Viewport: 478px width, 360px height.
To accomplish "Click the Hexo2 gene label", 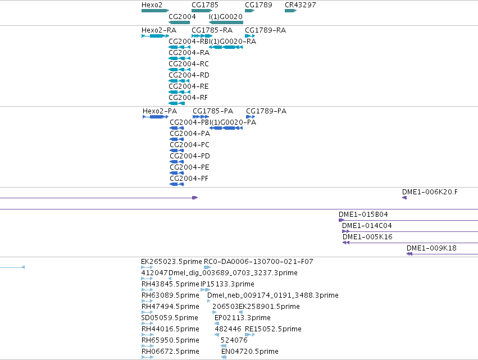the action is click(152, 5).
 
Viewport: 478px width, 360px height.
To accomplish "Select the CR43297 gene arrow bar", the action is click(290, 11).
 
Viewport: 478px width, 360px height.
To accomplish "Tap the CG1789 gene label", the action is click(258, 5).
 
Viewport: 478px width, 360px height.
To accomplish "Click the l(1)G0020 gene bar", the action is click(226, 22).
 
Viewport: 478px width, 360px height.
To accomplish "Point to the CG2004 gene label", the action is click(182, 16).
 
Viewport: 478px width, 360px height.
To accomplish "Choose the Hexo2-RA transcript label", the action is click(159, 30).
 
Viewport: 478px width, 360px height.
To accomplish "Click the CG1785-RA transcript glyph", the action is click(202, 36).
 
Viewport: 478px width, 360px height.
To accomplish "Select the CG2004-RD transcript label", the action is click(189, 75).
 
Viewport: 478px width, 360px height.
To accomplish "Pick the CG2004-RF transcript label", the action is click(188, 98).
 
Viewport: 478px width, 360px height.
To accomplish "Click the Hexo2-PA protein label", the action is click(160, 111).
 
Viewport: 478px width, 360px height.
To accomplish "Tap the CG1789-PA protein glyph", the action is click(251, 117).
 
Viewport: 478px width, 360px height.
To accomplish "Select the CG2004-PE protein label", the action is click(190, 167).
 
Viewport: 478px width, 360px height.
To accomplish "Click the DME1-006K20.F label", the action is click(430, 192).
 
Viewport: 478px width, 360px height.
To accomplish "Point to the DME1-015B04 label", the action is click(363, 215).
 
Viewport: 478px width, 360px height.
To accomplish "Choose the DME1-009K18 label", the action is click(432, 248).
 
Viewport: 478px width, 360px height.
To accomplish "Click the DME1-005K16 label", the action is click(367, 237).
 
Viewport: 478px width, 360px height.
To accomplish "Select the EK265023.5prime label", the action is click(171, 262).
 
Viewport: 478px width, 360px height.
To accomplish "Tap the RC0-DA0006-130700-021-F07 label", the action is click(258, 262).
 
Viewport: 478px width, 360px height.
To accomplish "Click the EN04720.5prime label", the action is click(250, 352).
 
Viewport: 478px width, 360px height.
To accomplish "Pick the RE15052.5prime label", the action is click(273, 329).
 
